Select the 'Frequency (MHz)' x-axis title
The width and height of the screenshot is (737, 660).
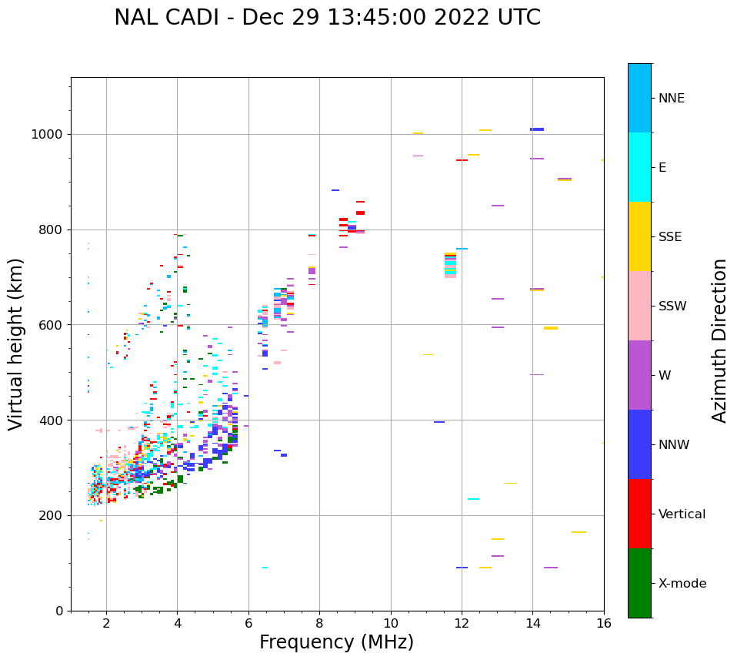pyautogui.click(x=336, y=642)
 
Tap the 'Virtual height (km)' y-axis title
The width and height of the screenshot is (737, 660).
pyautogui.click(x=16, y=343)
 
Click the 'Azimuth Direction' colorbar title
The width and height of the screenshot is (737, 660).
pyautogui.click(x=719, y=340)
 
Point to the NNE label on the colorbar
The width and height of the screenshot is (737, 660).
pyautogui.click(x=671, y=99)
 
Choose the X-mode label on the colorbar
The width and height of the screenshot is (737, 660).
pyautogui.click(x=682, y=584)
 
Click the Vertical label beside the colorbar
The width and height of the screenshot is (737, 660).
pyautogui.click(x=682, y=514)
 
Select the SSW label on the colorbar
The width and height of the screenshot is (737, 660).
pyautogui.click(x=672, y=307)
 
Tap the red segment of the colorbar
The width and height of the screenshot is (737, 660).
pyautogui.click(x=639, y=514)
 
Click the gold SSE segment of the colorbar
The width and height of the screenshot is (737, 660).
pyautogui.click(x=639, y=236)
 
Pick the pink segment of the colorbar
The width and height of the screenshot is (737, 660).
pyautogui.click(x=639, y=306)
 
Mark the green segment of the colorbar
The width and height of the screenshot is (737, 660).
pyautogui.click(x=639, y=583)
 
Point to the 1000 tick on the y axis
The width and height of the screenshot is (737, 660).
pyautogui.click(x=49, y=135)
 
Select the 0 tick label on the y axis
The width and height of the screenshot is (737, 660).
pyautogui.click(x=60, y=611)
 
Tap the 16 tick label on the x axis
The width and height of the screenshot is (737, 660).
pyautogui.click(x=604, y=623)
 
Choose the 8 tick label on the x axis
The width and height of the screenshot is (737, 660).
pyautogui.click(x=319, y=623)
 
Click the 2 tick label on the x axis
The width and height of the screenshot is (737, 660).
pyautogui.click(x=106, y=623)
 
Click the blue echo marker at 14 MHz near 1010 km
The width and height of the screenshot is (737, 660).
pyautogui.click(x=537, y=129)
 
